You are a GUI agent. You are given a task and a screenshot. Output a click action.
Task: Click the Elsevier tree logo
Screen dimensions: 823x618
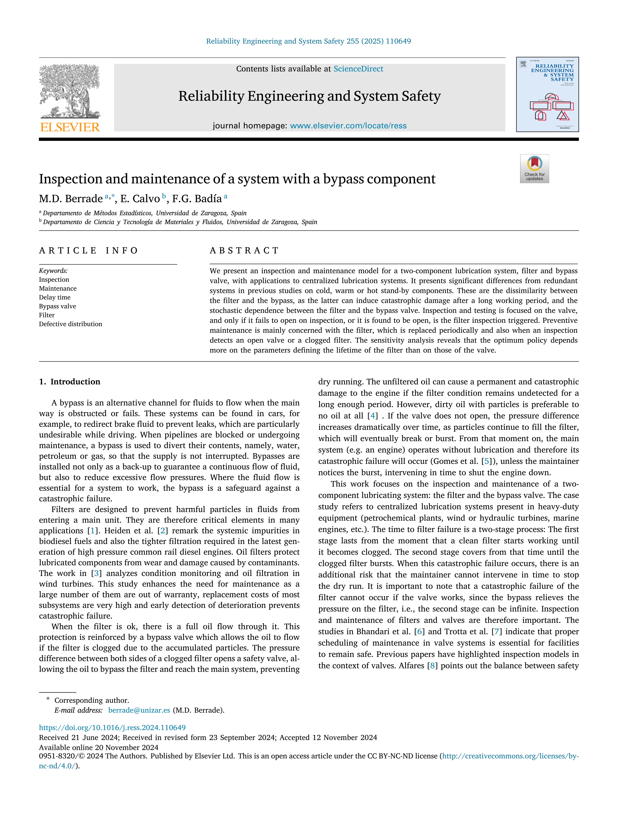click(x=70, y=91)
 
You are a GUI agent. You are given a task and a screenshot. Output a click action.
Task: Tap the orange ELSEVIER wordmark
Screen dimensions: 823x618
click(x=70, y=127)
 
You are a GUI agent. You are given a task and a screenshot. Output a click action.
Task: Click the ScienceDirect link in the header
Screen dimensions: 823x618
click(x=358, y=69)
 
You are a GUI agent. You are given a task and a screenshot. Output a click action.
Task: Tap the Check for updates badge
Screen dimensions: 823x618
click(x=534, y=168)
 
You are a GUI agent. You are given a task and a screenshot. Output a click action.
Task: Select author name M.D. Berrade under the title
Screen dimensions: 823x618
click(x=71, y=199)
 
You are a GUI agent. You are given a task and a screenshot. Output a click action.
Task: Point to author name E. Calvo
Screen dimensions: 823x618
click(x=140, y=199)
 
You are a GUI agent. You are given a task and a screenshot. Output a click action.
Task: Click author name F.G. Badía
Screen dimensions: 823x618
click(x=197, y=199)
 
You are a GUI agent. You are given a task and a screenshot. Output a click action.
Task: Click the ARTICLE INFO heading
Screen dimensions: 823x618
click(x=88, y=250)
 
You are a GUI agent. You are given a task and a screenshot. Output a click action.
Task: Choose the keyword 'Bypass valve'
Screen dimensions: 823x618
click(x=57, y=306)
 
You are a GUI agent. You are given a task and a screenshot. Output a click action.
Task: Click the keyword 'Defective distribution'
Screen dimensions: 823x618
click(x=71, y=324)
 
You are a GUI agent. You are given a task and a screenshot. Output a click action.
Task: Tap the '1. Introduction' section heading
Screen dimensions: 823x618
click(x=70, y=382)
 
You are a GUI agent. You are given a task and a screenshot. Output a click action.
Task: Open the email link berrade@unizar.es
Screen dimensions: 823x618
click(x=139, y=710)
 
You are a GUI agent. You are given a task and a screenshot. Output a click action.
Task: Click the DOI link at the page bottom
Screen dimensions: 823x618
click(x=112, y=728)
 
